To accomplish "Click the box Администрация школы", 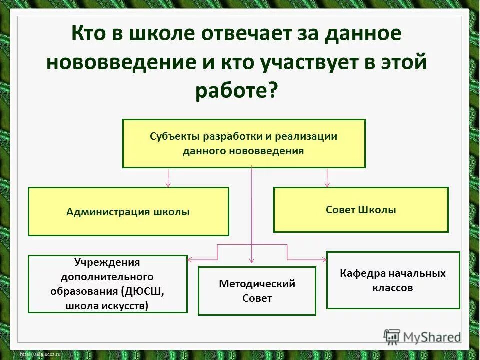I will point(128,211).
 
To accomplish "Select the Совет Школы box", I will point(361,210).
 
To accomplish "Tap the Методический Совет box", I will point(257,291).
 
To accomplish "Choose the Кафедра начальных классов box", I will point(393,280).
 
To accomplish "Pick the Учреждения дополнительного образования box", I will point(107,284).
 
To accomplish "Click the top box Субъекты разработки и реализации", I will point(244,143).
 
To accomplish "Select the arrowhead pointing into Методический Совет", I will point(252,260).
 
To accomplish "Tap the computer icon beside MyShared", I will point(392,336).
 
